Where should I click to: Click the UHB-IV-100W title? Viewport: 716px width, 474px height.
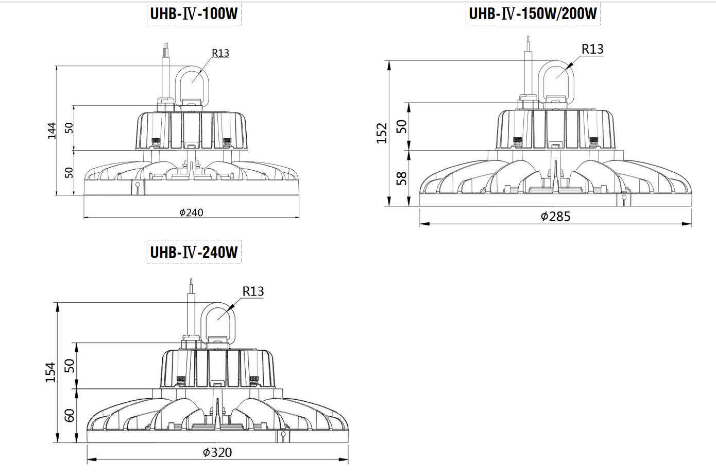pos(194,13)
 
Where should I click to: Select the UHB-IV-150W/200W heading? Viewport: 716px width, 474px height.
pos(533,13)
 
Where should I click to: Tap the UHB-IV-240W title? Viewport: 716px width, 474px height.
pos(194,252)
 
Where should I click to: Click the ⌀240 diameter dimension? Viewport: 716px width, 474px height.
pos(191,213)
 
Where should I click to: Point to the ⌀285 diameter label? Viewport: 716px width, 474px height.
pos(555,217)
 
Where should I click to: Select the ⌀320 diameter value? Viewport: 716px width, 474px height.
pos(217,453)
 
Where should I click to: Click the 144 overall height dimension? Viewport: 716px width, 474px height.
pos(52,130)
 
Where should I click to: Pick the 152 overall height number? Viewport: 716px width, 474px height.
pos(382,133)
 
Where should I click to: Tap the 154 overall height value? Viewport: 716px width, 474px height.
pos(50,372)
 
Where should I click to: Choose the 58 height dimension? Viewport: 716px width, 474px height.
pos(402,178)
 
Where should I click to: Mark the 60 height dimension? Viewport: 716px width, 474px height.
pos(70,415)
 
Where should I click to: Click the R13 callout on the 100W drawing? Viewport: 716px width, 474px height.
pos(220,53)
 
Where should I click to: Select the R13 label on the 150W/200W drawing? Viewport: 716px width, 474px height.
pos(592,49)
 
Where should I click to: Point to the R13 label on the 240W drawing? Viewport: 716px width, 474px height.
pos(253,291)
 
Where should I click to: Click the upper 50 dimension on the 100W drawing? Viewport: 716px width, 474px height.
pos(70,128)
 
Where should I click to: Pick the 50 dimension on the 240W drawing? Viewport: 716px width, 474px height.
pos(70,366)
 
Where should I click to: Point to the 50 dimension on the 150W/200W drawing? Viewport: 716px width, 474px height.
pos(402,126)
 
